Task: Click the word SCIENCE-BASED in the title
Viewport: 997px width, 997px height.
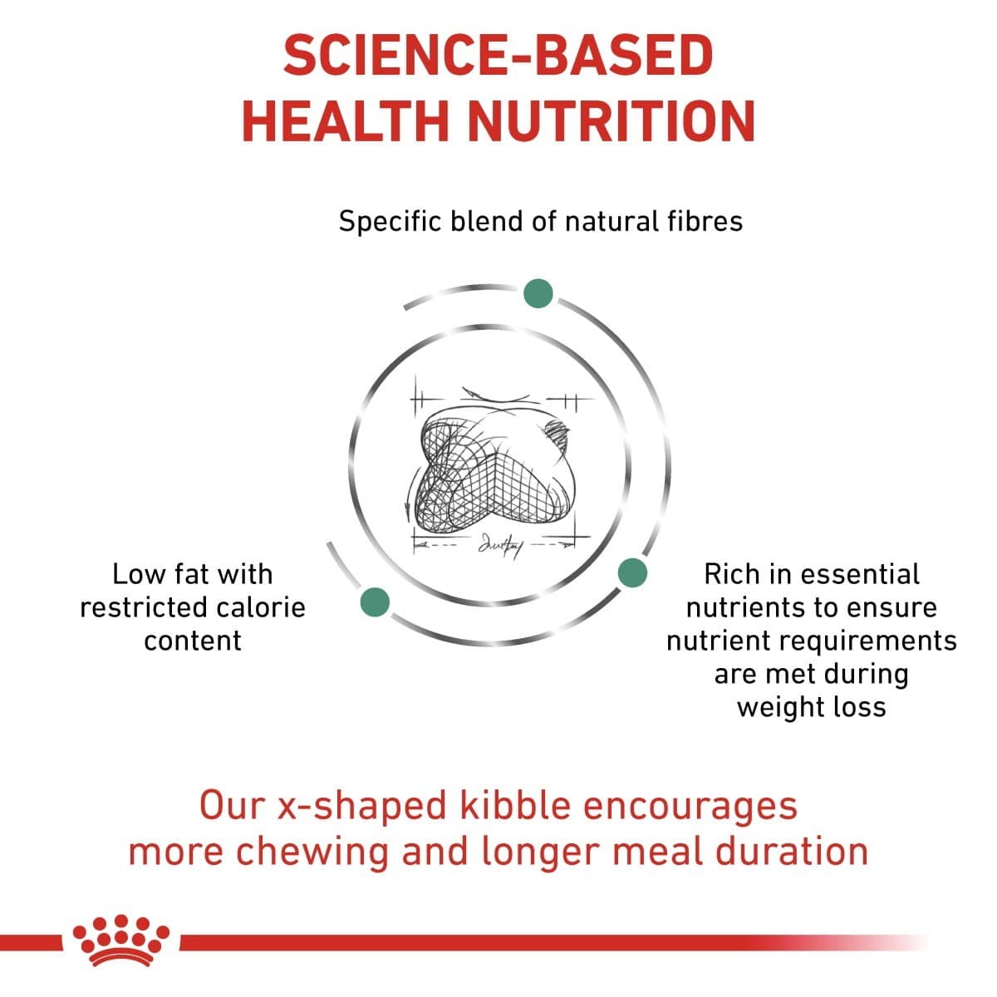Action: point(498,56)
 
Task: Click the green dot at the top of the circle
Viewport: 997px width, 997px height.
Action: point(538,293)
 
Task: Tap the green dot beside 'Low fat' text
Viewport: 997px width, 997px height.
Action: point(375,602)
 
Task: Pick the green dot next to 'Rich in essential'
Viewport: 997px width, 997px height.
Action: point(632,572)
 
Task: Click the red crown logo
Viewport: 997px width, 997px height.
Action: point(121,941)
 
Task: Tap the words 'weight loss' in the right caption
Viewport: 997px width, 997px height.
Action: point(811,707)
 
